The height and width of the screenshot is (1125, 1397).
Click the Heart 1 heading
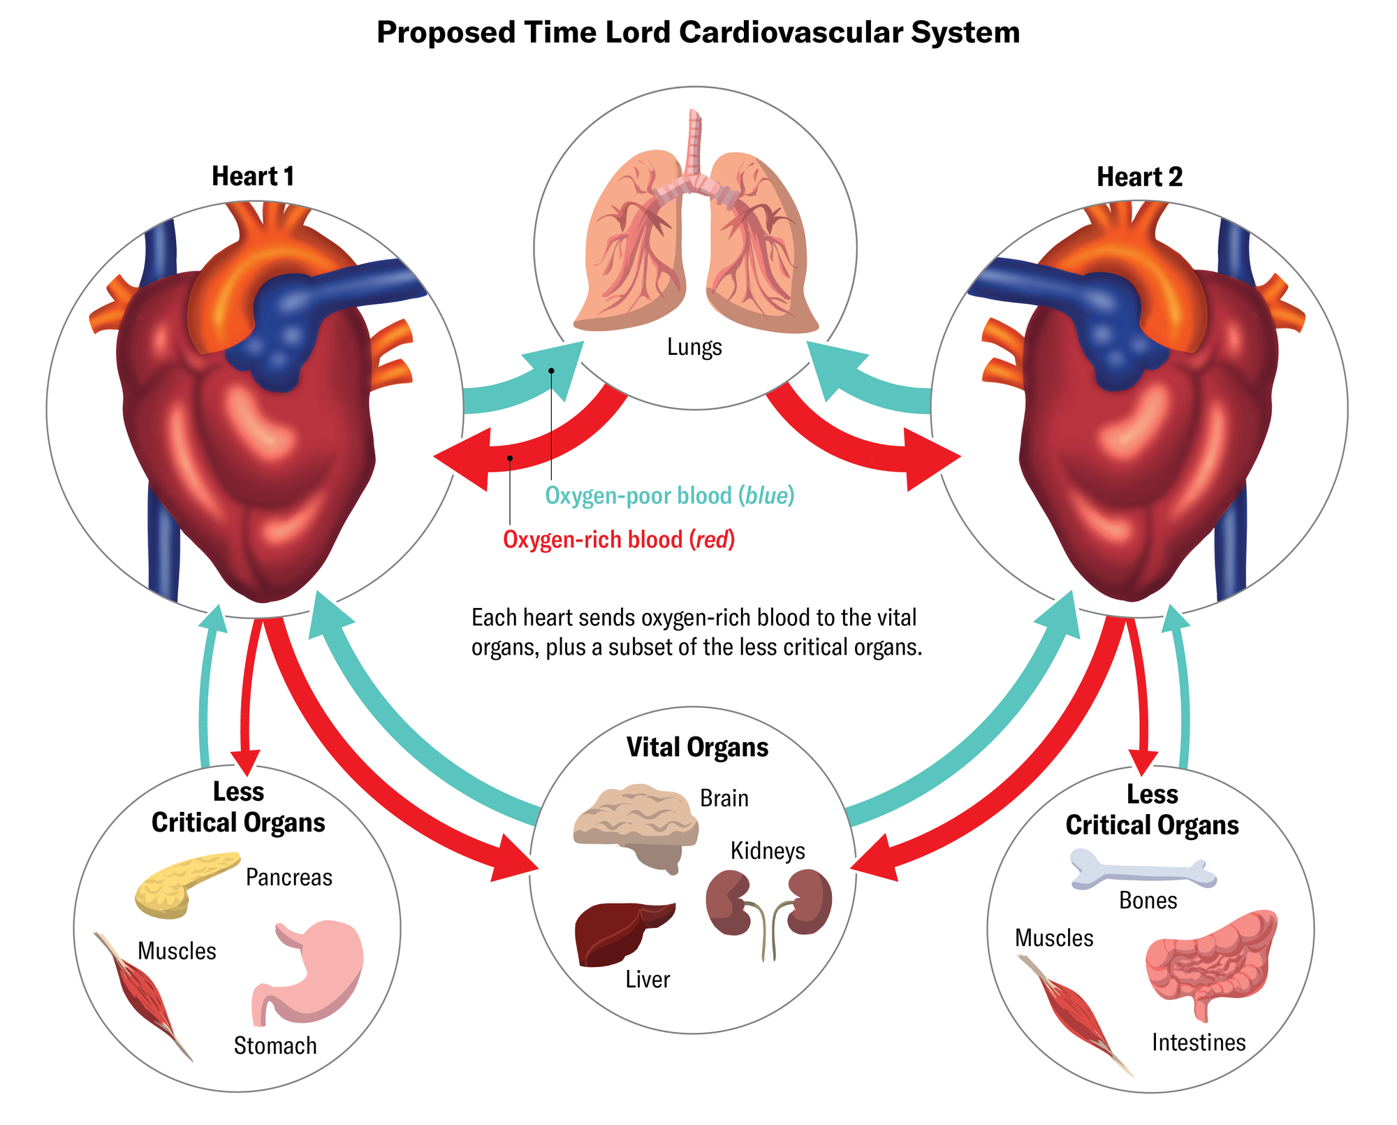coord(253,177)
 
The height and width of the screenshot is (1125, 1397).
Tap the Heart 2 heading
coord(1139,177)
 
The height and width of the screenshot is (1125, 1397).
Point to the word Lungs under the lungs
coord(694,347)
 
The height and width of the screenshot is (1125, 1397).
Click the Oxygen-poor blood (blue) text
coord(669,496)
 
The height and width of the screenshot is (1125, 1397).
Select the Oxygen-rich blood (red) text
coord(619,540)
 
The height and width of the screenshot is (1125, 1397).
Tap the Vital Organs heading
coord(697,748)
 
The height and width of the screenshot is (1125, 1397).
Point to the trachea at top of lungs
coord(694,143)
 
